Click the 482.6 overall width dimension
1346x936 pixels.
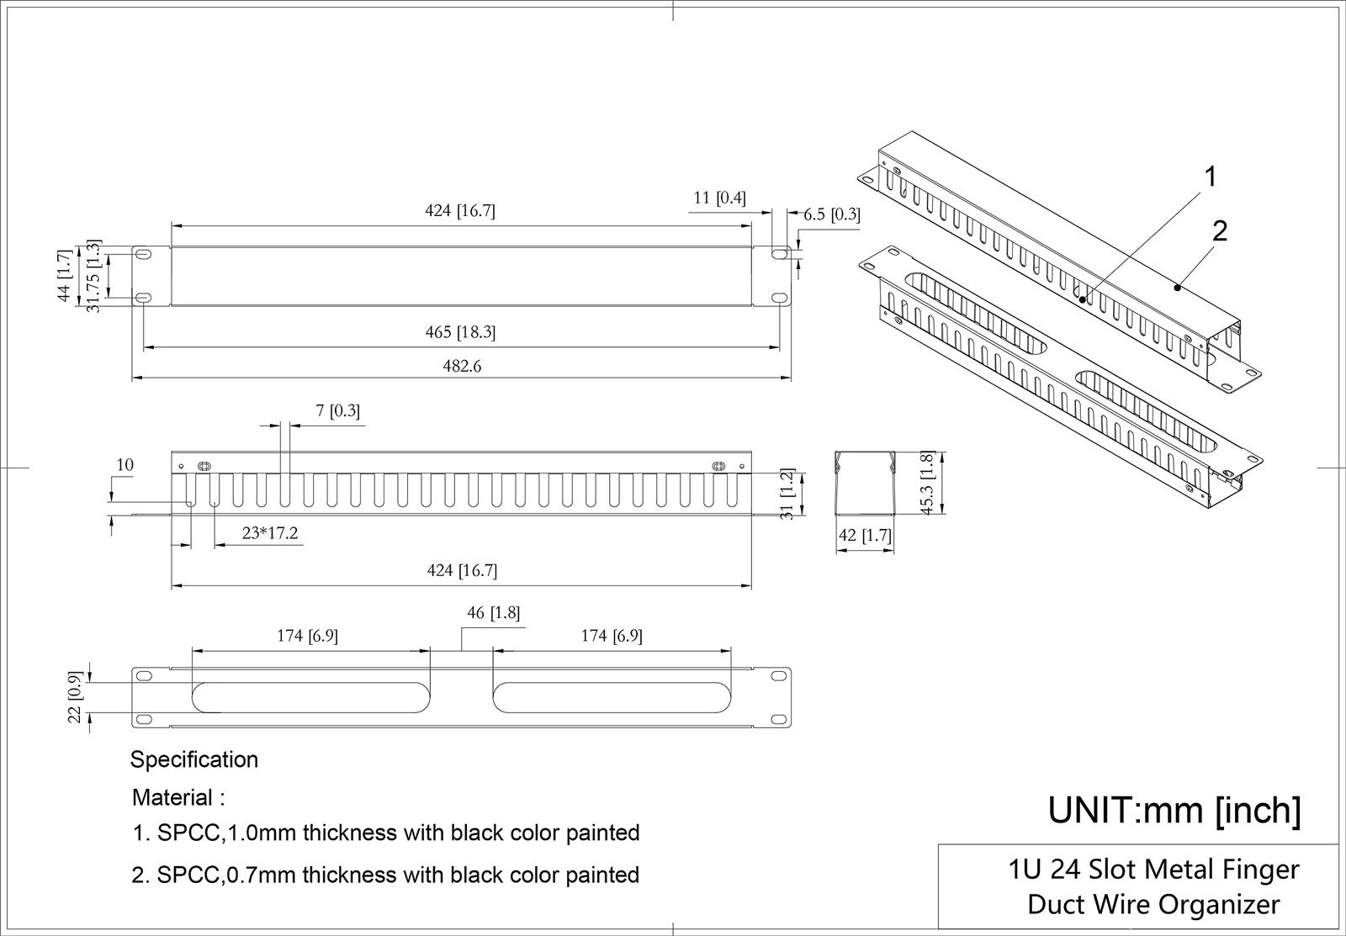pos(462,367)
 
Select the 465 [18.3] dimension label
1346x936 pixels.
pos(460,332)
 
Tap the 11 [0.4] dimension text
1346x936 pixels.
pos(719,198)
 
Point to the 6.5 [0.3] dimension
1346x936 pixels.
pos(831,214)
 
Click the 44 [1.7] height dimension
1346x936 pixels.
pos(63,276)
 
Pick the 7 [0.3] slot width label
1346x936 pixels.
pos(337,411)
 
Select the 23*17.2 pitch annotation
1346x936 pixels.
pos(269,533)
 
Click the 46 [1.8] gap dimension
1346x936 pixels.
pos(493,613)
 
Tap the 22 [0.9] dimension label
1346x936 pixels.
pos(75,696)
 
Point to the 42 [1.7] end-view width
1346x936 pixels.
pos(865,535)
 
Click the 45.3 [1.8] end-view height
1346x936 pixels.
pos(927,483)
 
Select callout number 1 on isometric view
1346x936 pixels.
pos(1210,177)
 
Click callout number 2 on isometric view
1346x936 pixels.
pos(1220,231)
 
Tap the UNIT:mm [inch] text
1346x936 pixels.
pos(1174,811)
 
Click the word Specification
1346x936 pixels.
pos(193,760)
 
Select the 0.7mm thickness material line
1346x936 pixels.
pos(385,875)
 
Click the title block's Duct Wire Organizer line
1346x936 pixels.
pos(1153,905)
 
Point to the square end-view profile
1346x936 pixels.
pos(864,483)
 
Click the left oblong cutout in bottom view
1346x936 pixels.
pos(310,696)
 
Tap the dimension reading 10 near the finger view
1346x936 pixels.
pos(125,465)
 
